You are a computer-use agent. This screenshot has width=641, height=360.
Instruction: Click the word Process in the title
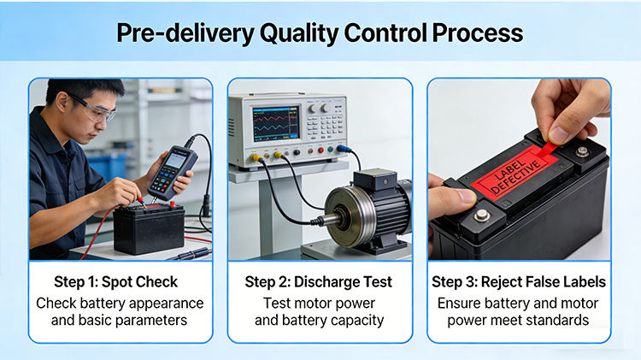tap(478, 32)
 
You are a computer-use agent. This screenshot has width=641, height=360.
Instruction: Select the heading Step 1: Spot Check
tap(116, 282)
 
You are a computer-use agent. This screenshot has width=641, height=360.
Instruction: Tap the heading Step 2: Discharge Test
tap(319, 282)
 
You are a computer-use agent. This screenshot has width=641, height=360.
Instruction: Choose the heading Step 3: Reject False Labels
tap(519, 282)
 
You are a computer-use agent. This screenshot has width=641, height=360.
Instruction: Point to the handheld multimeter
tap(173, 173)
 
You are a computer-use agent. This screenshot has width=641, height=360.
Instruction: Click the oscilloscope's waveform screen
tap(275, 125)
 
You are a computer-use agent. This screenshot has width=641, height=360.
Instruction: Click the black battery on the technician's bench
tap(149, 228)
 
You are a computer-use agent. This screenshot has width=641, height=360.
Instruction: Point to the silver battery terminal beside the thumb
tap(481, 215)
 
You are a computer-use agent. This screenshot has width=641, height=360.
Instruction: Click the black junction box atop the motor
tap(375, 180)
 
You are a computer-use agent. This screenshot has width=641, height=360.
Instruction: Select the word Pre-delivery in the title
tap(185, 33)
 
